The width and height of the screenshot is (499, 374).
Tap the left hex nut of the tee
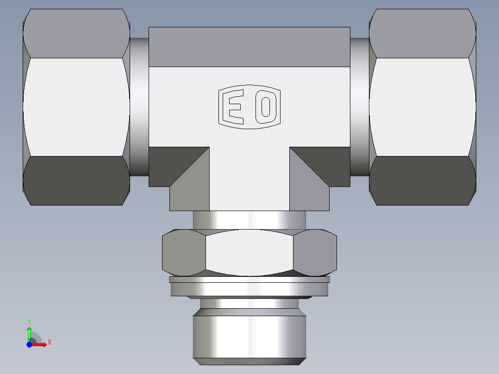click(76, 106)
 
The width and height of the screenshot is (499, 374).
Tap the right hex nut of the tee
click(422, 106)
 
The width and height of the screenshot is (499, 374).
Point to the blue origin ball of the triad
click(29, 344)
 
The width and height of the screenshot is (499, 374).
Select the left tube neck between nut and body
click(139, 106)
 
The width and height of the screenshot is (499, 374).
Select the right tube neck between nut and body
click(359, 106)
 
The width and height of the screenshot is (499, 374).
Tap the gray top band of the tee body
click(249, 46)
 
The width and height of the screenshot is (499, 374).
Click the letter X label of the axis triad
click(50, 343)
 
